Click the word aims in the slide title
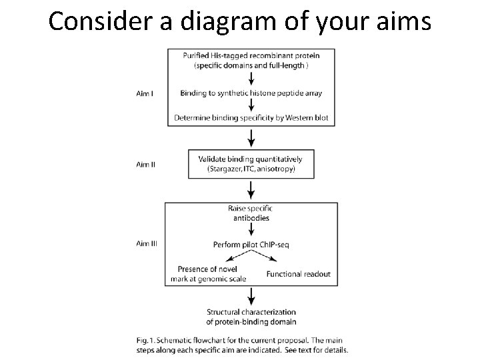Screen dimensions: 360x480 [x=404, y=21]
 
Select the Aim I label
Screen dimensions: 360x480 [x=145, y=93]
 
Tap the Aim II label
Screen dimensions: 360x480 [x=146, y=164]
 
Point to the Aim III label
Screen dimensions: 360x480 [x=147, y=243]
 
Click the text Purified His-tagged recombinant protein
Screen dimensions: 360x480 [x=251, y=55]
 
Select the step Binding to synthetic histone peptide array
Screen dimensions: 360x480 [x=251, y=93]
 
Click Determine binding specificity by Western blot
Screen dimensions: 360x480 [x=251, y=118]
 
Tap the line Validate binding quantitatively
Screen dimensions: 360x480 [x=251, y=159]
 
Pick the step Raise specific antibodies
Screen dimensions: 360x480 [x=251, y=213]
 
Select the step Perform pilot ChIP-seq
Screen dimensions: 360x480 [x=251, y=245]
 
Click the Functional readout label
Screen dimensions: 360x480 [x=298, y=274]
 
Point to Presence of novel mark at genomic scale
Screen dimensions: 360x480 [x=211, y=274]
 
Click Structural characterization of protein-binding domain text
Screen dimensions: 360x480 [x=251, y=317]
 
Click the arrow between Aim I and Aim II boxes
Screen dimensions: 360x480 [x=251, y=137]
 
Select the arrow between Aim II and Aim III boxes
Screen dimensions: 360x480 [x=251, y=189]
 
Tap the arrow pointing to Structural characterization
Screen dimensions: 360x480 [x=251, y=296]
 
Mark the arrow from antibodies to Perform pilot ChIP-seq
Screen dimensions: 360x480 [x=251, y=230]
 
